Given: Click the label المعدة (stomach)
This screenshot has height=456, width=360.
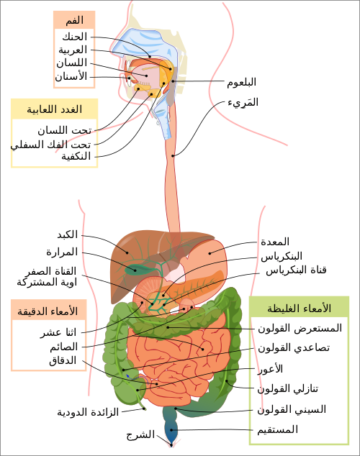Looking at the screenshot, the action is pyautogui.click(x=275, y=242).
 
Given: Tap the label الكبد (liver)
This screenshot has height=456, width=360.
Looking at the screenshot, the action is pyautogui.click(x=68, y=234).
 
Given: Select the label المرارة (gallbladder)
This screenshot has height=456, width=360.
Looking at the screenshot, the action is pyautogui.click(x=62, y=252).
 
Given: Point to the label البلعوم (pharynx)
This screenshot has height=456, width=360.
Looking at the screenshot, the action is pyautogui.click(x=241, y=82).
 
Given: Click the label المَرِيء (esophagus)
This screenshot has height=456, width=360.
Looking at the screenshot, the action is pyautogui.click(x=243, y=102).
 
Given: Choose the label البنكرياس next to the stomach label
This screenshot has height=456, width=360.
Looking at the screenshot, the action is pyautogui.click(x=282, y=256).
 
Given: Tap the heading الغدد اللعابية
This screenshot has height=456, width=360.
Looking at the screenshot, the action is pyautogui.click(x=55, y=109).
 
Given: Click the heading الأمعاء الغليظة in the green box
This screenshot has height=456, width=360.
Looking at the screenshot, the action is pyautogui.click(x=300, y=308).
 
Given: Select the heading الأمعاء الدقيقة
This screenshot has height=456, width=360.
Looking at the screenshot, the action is pyautogui.click(x=48, y=311).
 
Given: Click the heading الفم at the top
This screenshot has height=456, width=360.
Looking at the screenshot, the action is pyautogui.click(x=74, y=20).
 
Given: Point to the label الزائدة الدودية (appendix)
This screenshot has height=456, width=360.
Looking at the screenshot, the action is pyautogui.click(x=88, y=412).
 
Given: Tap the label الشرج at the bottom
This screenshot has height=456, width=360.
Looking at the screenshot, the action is pyautogui.click(x=140, y=434).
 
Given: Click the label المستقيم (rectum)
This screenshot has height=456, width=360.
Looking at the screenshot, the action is pyautogui.click(x=277, y=429).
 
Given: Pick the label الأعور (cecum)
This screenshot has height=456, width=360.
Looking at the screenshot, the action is pyautogui.click(x=271, y=369).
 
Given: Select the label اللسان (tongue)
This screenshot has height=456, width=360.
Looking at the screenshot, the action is pyautogui.click(x=71, y=63).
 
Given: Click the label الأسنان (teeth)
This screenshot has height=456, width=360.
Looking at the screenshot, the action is pyautogui.click(x=71, y=76).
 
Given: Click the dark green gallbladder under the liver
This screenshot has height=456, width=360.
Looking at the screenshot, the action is pyautogui.click(x=136, y=270).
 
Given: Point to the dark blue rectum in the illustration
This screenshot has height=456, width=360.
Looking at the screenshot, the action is pyautogui.click(x=171, y=430).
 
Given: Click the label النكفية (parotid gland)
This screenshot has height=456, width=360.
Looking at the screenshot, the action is pyautogui.click(x=76, y=157).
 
